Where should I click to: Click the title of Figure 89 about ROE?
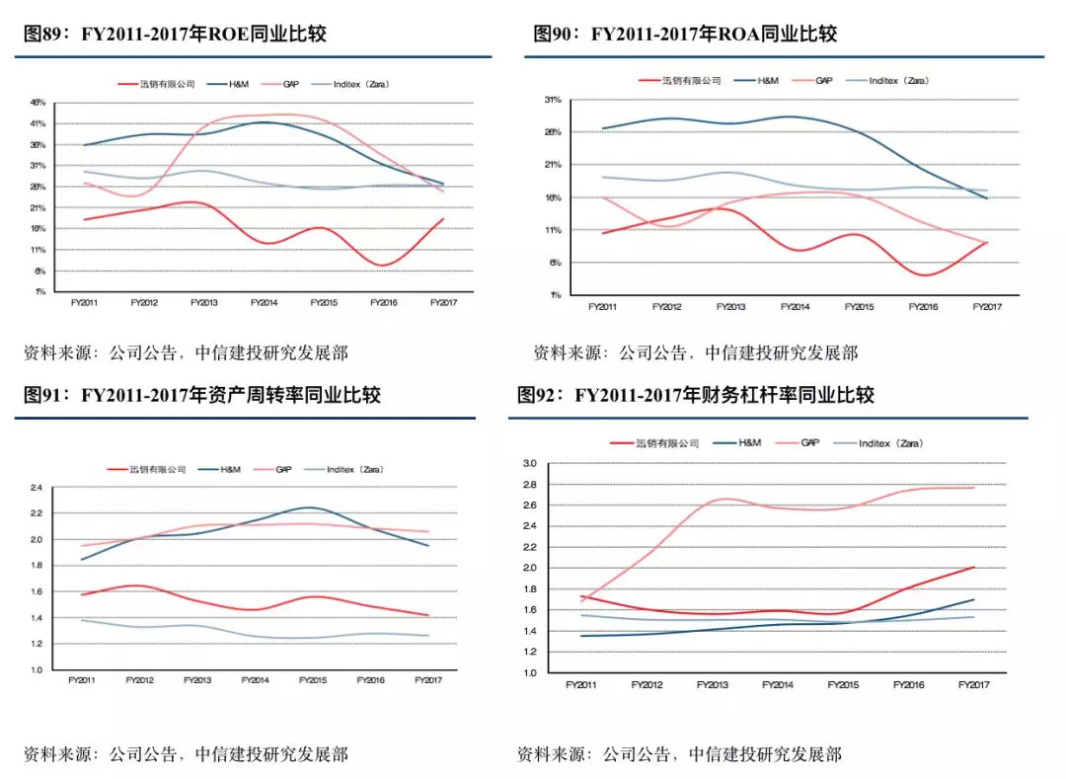coord(174,35)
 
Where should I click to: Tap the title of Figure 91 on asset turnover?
coord(201,396)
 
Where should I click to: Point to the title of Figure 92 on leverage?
coord(695,396)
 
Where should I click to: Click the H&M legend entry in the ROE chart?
coord(238,84)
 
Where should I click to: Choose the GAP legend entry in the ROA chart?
coord(823,80)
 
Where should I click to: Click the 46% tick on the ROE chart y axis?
coord(38,103)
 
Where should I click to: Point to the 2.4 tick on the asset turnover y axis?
coord(37,488)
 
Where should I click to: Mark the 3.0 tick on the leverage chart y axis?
coord(528,463)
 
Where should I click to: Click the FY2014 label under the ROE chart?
coord(264,302)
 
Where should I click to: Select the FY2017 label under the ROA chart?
coord(986,307)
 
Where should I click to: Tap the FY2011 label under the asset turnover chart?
coord(82,680)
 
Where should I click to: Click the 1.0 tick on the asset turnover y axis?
coord(37,670)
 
